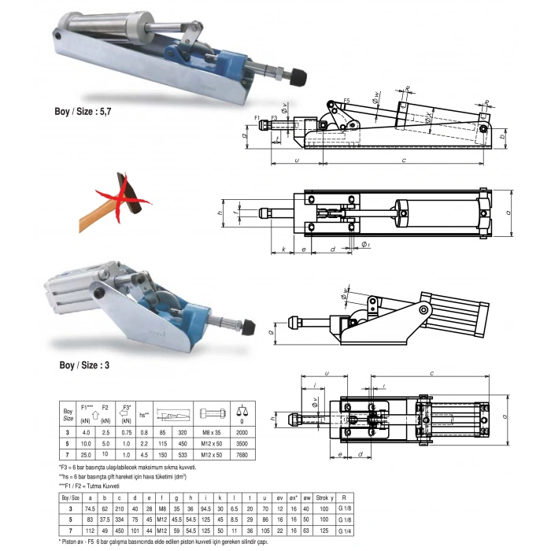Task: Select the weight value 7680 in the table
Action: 241,455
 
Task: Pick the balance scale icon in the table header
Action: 241,413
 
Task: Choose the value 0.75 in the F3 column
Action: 125,431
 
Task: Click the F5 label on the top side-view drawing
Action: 346,102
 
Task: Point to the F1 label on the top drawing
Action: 258,117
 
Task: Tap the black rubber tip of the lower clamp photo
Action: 250,327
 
